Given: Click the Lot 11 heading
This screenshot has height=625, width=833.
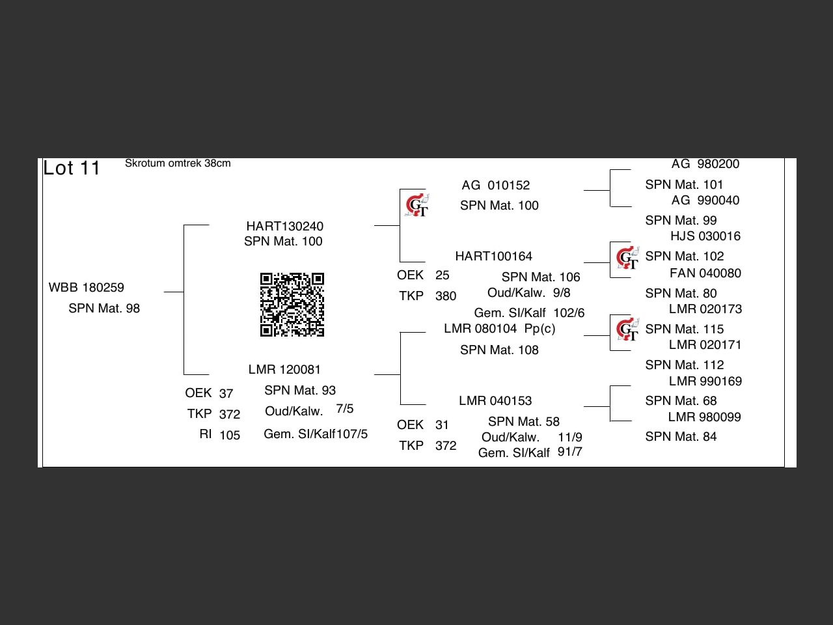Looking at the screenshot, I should coord(72,168).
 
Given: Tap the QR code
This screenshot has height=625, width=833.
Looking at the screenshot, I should coord(292,305).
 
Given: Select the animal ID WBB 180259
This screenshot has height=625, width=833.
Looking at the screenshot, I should coord(87,287).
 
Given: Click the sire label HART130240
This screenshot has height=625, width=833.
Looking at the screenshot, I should coord(284,226).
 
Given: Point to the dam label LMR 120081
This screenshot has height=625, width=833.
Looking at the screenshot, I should coord(284,369).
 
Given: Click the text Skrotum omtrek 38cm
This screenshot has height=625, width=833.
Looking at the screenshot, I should coord(178,163).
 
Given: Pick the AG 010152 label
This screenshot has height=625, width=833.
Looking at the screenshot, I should coord(496,185).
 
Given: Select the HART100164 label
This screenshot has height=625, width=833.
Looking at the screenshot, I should coord(494,256).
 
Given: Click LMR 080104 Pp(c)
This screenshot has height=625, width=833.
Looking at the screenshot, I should coord(499,328).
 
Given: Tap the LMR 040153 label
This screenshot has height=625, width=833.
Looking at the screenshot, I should coord(495,400).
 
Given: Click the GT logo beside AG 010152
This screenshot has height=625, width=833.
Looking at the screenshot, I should coord(416,205).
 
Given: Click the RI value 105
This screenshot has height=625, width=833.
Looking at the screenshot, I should coord(230,435).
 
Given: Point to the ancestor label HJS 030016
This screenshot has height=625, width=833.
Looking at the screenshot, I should coord(705,236).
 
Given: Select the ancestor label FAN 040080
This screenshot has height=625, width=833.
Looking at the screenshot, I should coord(705,273).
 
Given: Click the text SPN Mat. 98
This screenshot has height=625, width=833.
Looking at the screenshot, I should coord(104,308).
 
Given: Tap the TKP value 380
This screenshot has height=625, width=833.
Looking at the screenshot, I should coord(446,296).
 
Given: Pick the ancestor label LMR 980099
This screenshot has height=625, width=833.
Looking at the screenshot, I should coord(704,417).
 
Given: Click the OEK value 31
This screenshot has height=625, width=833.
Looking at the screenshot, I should coord(442,424).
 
